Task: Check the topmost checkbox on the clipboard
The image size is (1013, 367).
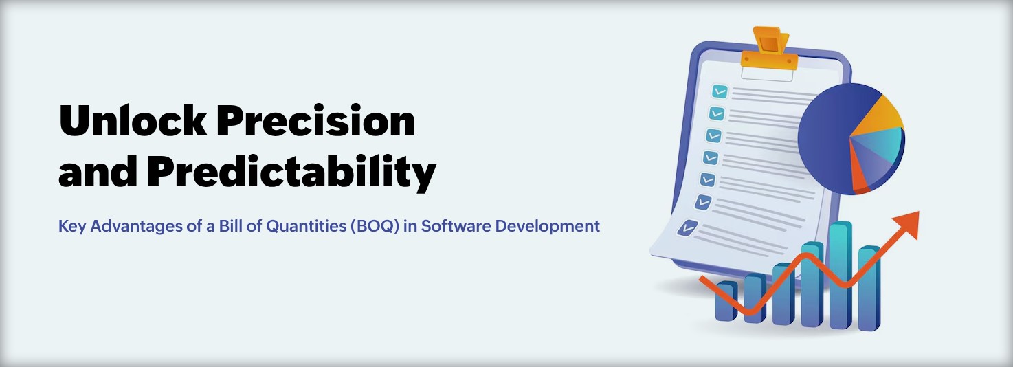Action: pyautogui.click(x=720, y=91)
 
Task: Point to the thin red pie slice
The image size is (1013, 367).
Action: pyautogui.click(x=859, y=176)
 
